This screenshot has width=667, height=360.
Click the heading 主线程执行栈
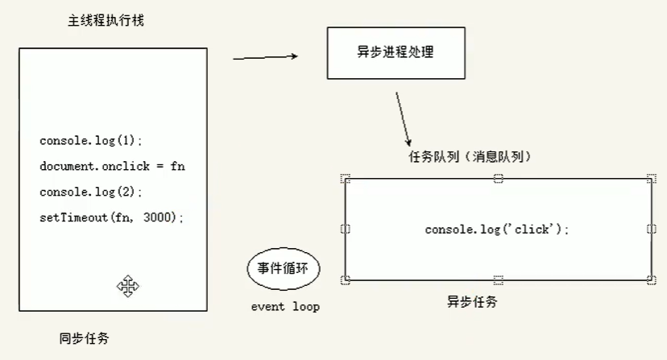pyautogui.click(x=106, y=20)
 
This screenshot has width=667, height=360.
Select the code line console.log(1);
pyautogui.click(x=90, y=140)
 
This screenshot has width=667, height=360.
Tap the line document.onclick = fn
pyautogui.click(x=112, y=166)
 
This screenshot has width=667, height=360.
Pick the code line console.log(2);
pyautogui.click(x=90, y=192)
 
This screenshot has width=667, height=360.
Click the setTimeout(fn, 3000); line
pyautogui.click(x=111, y=217)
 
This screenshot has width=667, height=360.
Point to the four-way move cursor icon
pyautogui.click(x=128, y=285)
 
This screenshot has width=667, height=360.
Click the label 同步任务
pyautogui.click(x=85, y=337)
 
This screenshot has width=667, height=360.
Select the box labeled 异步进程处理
pyautogui.click(x=396, y=52)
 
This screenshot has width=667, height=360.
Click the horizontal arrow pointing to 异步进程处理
pyautogui.click(x=265, y=57)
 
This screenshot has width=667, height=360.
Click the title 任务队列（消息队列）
pyautogui.click(x=470, y=155)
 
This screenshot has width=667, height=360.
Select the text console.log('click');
pyautogui.click(x=497, y=230)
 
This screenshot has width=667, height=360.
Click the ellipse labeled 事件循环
pyautogui.click(x=283, y=269)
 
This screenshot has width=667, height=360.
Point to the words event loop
pyautogui.click(x=285, y=307)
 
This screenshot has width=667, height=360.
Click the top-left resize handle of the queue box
pyautogui.click(x=346, y=179)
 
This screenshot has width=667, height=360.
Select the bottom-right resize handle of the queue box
pyautogui.click(x=651, y=280)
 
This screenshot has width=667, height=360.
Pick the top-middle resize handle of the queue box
pyautogui.click(x=499, y=178)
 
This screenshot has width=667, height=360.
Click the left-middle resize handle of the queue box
pyautogui.click(x=346, y=230)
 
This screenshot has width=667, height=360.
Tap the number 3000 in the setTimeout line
pyautogui.click(x=158, y=217)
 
